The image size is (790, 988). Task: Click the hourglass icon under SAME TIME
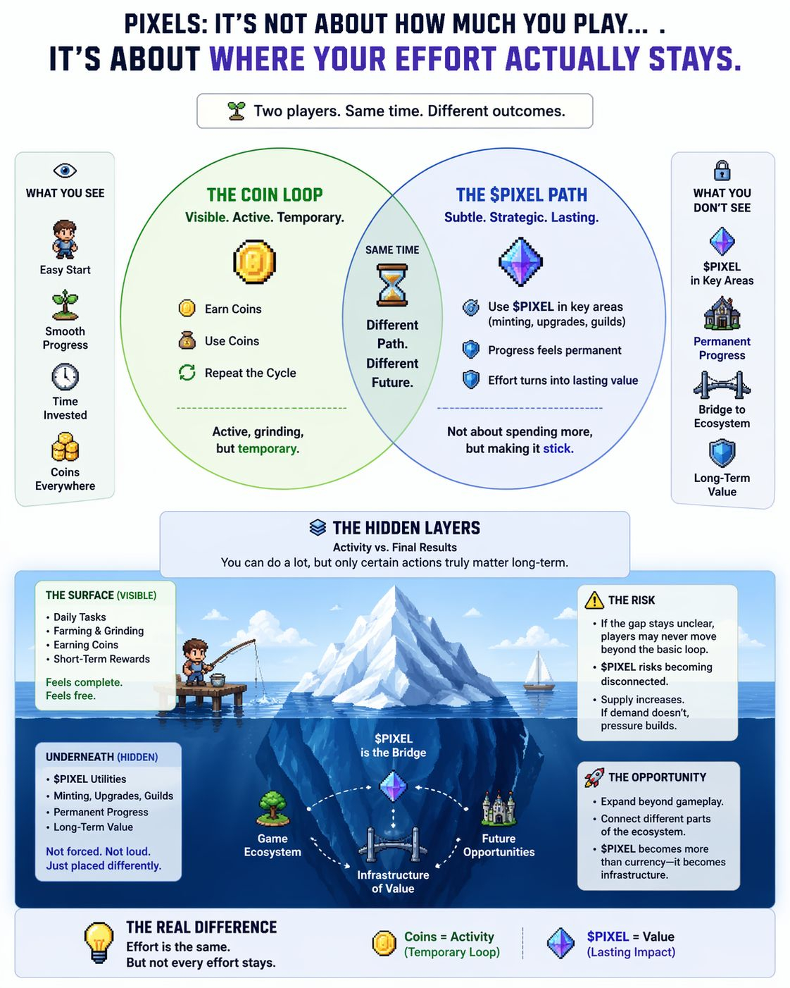tap(391, 285)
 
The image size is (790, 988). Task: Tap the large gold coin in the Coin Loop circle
tap(254, 261)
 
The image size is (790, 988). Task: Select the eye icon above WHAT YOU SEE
tap(65, 171)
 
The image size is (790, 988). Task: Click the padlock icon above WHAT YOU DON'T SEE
tap(722, 171)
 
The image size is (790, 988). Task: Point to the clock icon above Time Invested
tap(65, 377)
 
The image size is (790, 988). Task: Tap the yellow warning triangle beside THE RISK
tap(594, 600)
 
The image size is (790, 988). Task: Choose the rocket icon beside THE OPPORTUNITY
tap(594, 777)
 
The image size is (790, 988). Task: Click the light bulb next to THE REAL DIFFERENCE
tap(99, 942)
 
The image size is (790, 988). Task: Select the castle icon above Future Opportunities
tap(499, 809)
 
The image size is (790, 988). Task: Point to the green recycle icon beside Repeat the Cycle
tap(187, 373)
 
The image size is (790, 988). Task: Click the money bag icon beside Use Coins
tap(187, 341)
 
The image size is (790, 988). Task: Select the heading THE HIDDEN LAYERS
tap(406, 528)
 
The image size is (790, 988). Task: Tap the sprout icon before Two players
tap(237, 111)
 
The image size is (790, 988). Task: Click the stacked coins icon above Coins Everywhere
tap(65, 447)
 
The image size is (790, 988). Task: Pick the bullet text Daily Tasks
tap(80, 617)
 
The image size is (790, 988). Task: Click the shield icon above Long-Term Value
tap(722, 453)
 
